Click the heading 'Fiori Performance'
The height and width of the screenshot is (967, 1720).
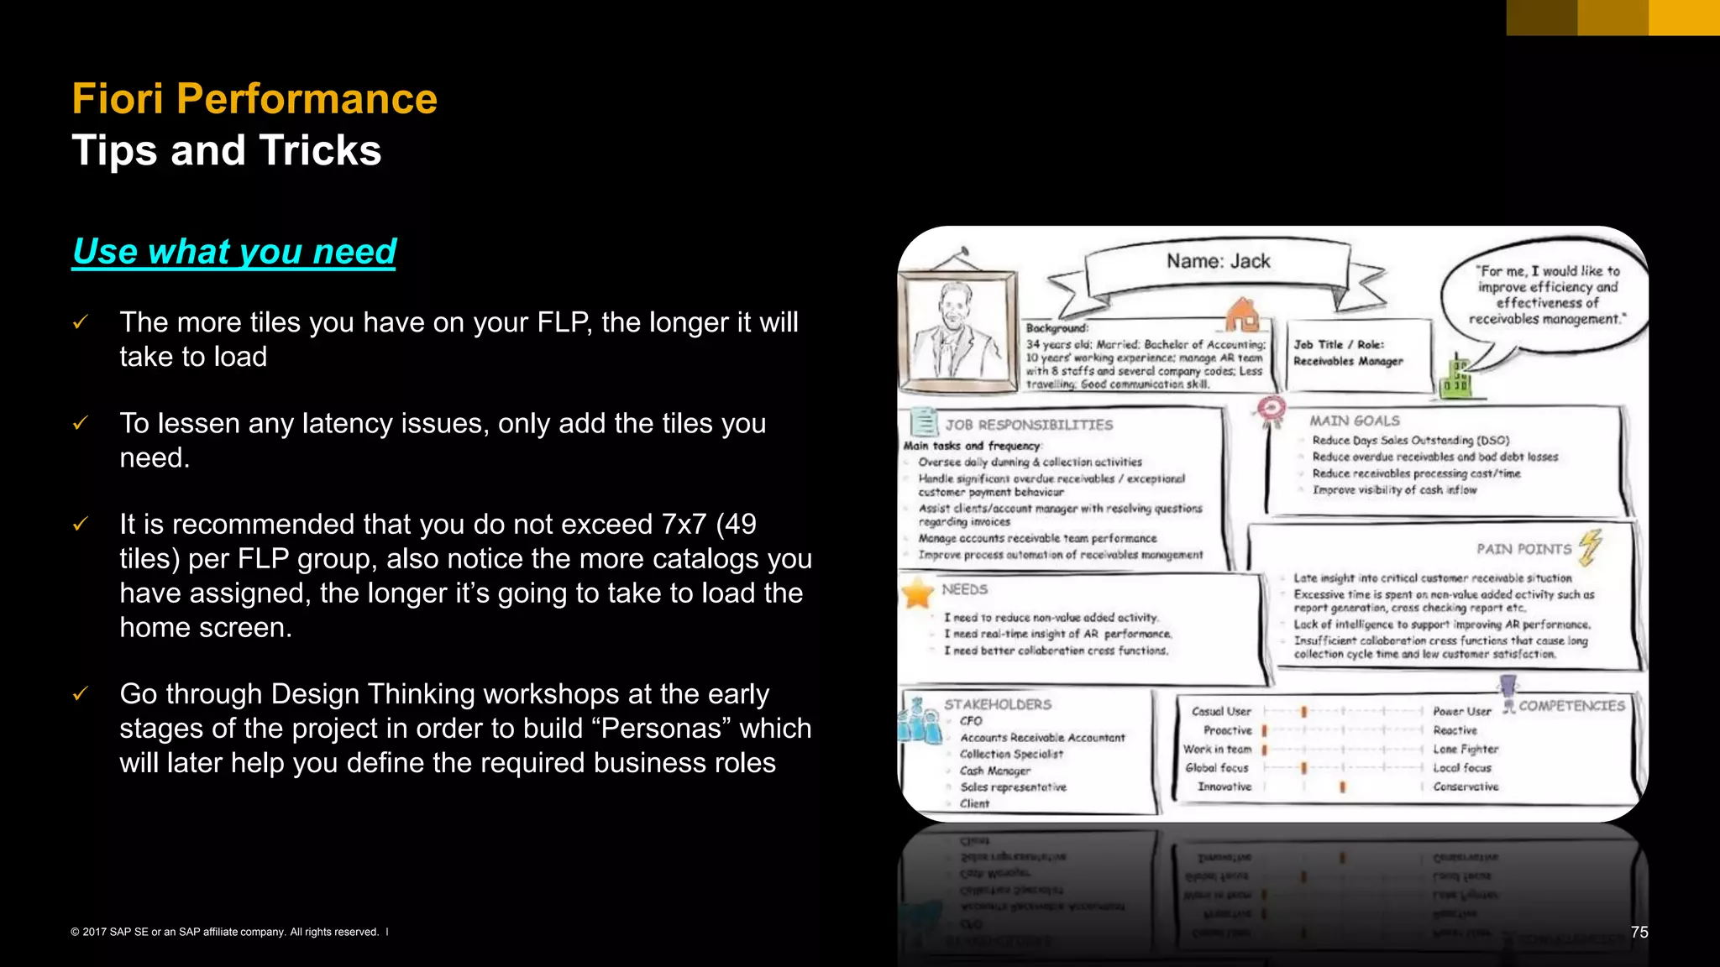point(254,99)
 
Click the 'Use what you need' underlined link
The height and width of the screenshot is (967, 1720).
point(234,252)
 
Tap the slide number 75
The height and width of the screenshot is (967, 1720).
point(1639,932)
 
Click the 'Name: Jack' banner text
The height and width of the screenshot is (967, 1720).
point(1218,262)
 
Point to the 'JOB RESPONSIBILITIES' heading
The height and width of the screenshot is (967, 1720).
point(1029,425)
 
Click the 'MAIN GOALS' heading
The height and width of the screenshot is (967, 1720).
point(1354,421)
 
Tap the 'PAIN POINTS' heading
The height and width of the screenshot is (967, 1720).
point(1523,549)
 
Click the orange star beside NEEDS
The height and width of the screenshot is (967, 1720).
point(918,593)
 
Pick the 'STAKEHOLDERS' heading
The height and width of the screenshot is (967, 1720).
point(997,704)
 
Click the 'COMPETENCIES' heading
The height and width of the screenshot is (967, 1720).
point(1571,706)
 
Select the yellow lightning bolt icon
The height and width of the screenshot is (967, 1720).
point(1590,546)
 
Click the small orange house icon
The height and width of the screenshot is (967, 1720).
point(1242,315)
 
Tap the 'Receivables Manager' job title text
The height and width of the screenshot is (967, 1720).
point(1348,361)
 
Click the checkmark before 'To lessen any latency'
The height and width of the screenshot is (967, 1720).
point(81,423)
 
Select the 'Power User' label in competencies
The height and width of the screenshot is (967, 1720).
point(1461,711)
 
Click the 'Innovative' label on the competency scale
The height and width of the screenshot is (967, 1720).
point(1224,787)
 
